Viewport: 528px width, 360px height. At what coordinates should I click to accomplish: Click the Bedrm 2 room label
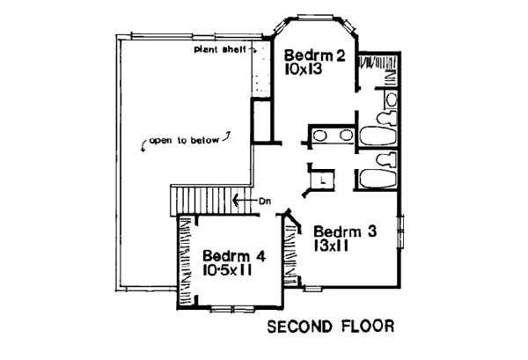315,55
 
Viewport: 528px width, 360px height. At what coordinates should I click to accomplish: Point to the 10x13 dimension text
304,69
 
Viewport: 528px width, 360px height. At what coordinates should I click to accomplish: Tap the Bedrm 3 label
345,231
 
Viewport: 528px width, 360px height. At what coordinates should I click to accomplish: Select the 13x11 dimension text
331,246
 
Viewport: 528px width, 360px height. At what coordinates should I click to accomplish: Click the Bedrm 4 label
234,256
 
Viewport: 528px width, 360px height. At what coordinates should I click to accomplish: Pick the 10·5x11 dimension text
227,270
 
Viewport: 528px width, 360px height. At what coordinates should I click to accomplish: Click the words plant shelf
220,50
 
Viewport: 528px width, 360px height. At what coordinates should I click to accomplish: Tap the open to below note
184,141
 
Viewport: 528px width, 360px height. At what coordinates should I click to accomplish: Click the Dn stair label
265,202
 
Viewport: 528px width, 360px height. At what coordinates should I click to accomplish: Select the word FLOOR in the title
368,327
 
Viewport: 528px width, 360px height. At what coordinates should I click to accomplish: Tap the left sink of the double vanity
320,136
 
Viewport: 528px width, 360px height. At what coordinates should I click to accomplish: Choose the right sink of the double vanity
346,136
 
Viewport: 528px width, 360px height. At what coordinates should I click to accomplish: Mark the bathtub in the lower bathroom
378,179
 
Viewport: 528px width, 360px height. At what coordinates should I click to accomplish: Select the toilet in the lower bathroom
386,159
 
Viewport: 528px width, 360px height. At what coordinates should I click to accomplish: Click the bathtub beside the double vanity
378,136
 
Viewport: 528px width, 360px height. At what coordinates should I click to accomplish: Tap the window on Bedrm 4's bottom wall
232,309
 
